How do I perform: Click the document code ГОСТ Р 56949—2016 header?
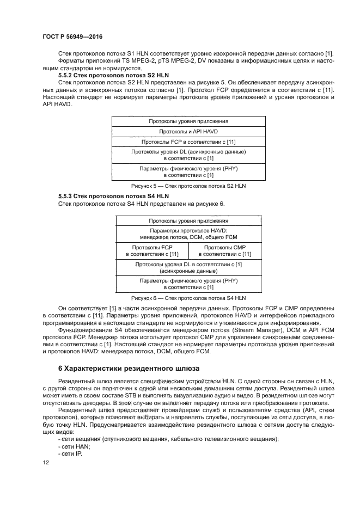pos(72,36)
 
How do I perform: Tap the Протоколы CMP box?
pos(224,250)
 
